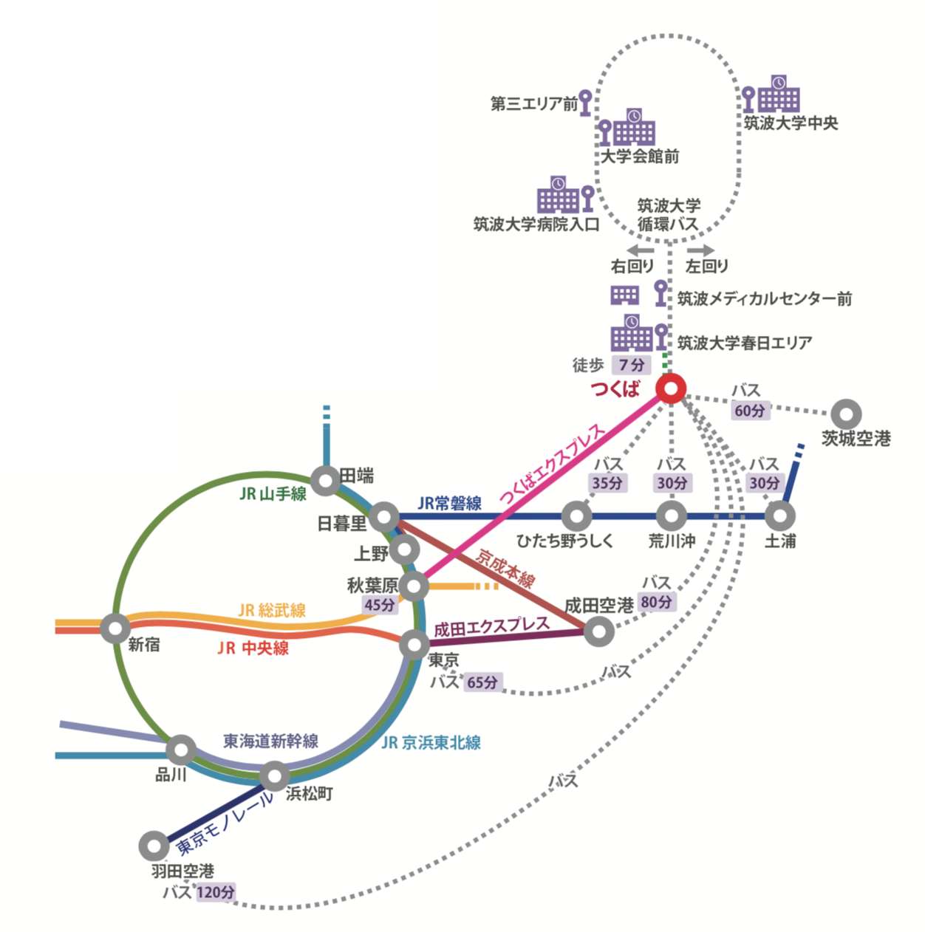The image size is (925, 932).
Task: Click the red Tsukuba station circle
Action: pos(671,388)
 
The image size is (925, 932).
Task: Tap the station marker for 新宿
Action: pos(115,628)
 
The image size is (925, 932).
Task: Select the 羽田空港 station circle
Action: pos(154,846)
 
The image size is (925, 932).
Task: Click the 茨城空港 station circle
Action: pos(846,414)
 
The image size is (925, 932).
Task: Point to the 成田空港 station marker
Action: pos(599,631)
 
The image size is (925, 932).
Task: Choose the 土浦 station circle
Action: pos(779,515)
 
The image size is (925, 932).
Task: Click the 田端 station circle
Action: pos(325,481)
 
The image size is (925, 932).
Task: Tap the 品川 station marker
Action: pos(181,750)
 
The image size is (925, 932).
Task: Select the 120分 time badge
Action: pos(216,892)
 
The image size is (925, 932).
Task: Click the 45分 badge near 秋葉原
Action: pos(379,605)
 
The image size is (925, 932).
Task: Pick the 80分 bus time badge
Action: pos(656,602)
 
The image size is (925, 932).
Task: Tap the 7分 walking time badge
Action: pos(632,365)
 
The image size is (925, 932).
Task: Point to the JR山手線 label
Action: pos(273,493)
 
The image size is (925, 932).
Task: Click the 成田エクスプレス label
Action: pos(491,627)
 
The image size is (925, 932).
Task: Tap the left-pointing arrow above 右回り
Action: pos(640,250)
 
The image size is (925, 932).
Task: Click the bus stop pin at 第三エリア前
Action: pos(585,102)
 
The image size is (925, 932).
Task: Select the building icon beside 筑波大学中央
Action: pos(779,93)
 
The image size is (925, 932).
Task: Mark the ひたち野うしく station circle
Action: pos(576,515)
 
